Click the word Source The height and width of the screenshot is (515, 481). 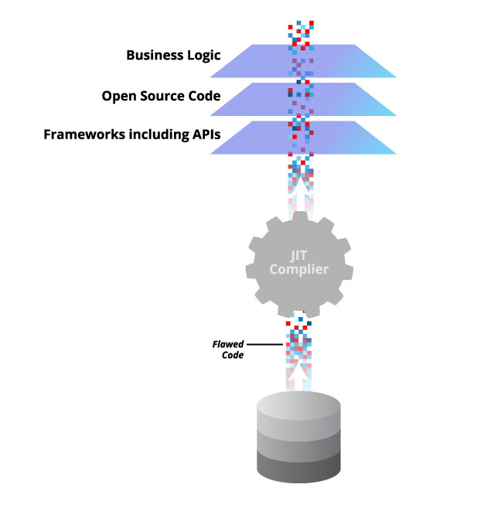165,97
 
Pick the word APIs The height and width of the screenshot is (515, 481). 203,135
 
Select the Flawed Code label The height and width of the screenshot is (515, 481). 229,350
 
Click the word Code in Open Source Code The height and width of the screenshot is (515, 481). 205,97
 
